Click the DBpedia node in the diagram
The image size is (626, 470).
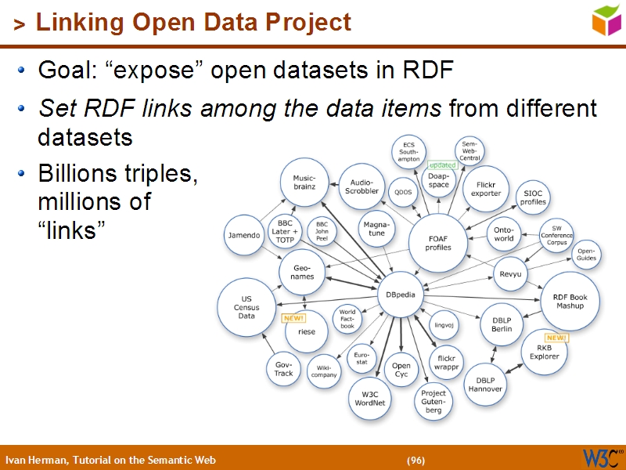click(x=401, y=295)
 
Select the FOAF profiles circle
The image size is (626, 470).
click(x=438, y=242)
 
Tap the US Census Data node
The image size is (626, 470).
click(x=246, y=306)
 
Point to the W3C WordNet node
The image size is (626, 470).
click(x=369, y=398)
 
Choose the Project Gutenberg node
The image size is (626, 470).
click(x=434, y=401)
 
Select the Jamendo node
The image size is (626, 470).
click(x=243, y=235)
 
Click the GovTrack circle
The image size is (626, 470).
click(x=283, y=369)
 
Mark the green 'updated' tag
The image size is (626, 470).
click(x=442, y=165)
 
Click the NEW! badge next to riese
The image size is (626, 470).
click(x=293, y=318)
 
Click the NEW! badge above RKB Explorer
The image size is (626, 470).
click(x=556, y=337)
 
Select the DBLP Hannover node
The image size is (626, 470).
click(x=485, y=385)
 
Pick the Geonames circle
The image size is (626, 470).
click(x=303, y=272)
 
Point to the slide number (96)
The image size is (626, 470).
click(x=416, y=460)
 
